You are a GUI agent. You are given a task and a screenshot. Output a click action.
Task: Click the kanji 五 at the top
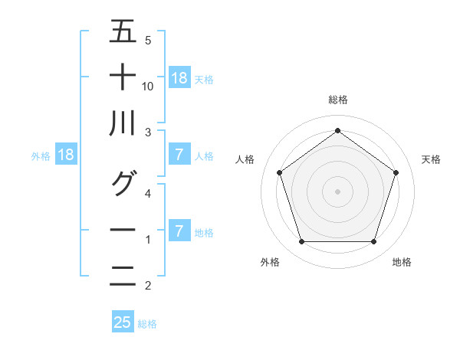(x=123, y=31)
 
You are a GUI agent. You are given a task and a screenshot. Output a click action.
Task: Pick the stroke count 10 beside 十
(x=148, y=86)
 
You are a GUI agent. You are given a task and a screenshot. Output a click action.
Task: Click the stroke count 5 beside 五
(x=148, y=40)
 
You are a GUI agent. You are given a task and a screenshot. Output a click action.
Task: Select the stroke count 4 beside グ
(x=148, y=193)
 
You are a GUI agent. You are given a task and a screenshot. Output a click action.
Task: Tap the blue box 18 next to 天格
(x=179, y=77)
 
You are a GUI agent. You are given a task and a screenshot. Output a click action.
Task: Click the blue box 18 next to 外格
(x=66, y=155)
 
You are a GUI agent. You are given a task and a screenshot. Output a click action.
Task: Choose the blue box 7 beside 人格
(x=179, y=155)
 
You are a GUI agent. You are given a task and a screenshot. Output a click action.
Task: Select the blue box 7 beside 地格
(x=179, y=231)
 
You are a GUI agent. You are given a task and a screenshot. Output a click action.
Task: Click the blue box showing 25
(x=123, y=322)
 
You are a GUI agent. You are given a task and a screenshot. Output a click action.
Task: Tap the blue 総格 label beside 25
(x=147, y=324)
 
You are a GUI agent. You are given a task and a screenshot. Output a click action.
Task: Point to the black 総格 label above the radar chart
(x=337, y=100)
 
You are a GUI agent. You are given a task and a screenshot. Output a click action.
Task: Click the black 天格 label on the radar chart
(x=431, y=159)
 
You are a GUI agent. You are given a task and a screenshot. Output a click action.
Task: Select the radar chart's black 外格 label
(x=270, y=262)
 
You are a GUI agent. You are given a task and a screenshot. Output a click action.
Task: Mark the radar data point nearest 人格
(x=280, y=172)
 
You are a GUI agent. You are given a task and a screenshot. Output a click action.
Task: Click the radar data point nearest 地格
(x=373, y=242)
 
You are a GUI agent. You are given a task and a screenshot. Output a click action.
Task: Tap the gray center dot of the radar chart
(x=337, y=191)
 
